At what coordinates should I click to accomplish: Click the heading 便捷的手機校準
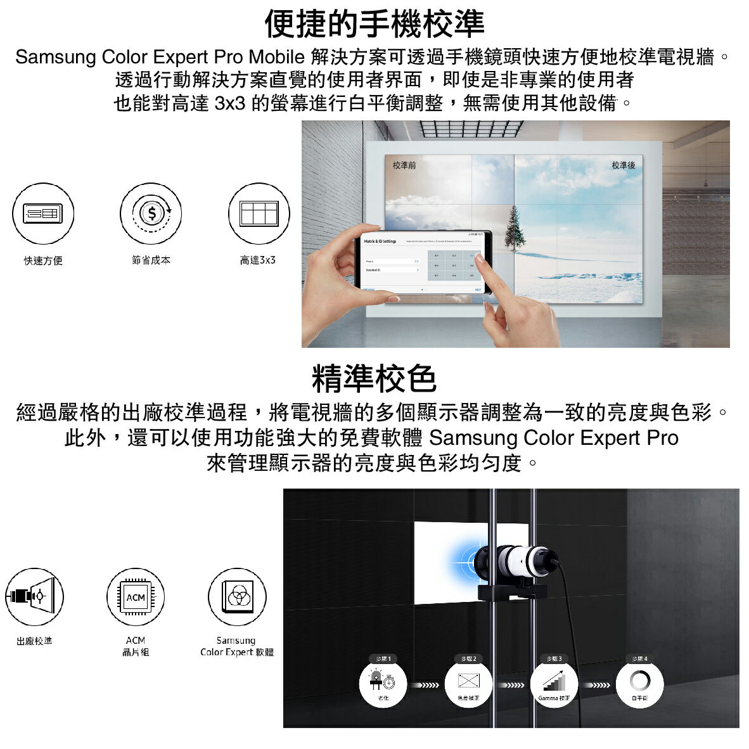tap(374, 24)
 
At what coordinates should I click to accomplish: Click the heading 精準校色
tap(374, 379)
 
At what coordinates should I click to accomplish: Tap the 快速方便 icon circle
tap(43, 214)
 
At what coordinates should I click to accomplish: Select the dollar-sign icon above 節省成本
tap(151, 214)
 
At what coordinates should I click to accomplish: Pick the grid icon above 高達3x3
tap(259, 214)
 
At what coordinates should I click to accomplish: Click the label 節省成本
tap(151, 260)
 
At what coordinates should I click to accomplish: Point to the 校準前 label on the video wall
tap(404, 165)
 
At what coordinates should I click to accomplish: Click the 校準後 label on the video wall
tap(623, 165)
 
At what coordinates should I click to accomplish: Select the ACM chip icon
tap(136, 597)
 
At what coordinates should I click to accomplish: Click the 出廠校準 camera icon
tap(34, 596)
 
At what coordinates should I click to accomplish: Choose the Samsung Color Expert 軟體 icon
tap(237, 596)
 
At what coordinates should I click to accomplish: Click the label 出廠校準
tap(34, 641)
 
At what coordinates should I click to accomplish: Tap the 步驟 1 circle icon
tap(383, 684)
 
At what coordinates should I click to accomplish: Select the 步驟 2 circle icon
tap(468, 684)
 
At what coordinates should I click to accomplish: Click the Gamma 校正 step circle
tap(554, 684)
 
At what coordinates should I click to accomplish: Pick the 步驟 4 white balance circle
tap(639, 684)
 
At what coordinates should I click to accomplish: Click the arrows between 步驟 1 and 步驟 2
tap(425, 685)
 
